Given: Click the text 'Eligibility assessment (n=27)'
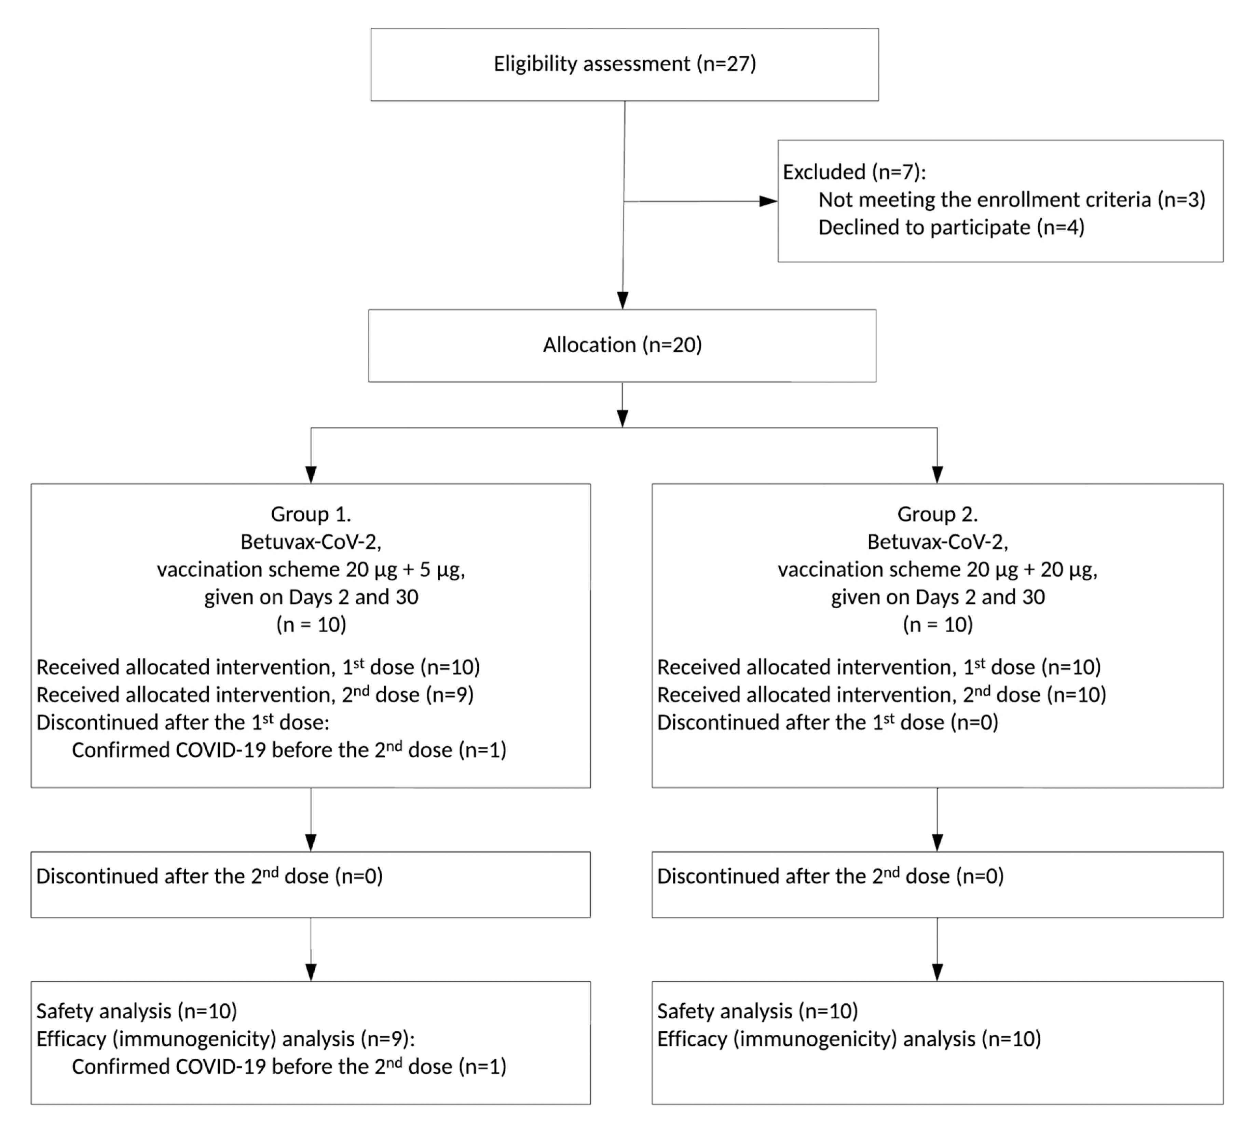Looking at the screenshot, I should click(624, 64).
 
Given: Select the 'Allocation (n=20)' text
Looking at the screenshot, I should click(622, 345).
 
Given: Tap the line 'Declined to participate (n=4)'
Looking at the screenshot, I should click(951, 227).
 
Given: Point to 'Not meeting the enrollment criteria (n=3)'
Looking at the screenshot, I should click(1012, 200).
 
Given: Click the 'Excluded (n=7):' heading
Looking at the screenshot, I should click(854, 172).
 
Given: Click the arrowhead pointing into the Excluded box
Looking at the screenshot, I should click(768, 201).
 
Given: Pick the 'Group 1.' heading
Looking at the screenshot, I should click(311, 514).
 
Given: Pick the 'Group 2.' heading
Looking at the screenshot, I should click(937, 514).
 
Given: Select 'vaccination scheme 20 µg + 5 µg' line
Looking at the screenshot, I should click(311, 569).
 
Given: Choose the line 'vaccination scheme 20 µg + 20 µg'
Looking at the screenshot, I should click(937, 569).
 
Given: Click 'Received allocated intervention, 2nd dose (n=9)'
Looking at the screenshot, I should click(255, 695).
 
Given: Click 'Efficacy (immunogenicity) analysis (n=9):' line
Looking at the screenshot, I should click(225, 1039).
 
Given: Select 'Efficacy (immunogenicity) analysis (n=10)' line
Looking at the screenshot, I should click(849, 1039).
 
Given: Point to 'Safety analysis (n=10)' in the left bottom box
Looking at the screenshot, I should click(136, 1011).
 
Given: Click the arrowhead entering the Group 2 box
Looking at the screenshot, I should click(937, 474).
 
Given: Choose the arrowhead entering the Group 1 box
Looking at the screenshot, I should click(311, 474).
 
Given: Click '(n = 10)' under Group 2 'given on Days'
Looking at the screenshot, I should click(937, 624).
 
